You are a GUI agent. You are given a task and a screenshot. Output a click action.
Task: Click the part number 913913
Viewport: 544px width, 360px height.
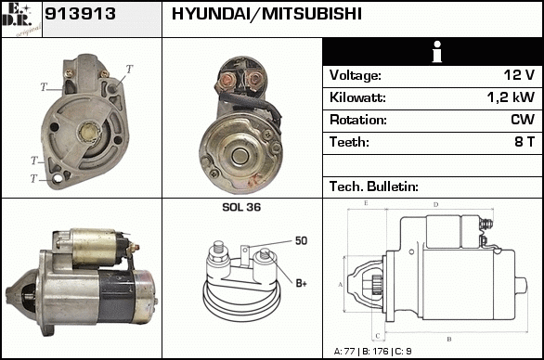coord(80,14)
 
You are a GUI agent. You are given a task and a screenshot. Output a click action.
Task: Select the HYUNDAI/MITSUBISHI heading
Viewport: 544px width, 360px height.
coord(266,14)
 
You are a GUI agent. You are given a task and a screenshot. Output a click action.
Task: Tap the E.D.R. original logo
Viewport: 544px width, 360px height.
coord(21,19)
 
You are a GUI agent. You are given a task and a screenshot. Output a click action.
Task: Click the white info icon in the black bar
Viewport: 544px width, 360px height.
coord(437,52)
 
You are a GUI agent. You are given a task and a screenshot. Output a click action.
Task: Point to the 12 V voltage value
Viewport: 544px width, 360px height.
coord(519,75)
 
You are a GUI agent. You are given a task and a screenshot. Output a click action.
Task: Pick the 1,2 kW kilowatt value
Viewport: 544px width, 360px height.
coord(511,97)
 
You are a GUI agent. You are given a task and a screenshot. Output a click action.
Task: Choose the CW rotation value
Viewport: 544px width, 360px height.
coord(523,120)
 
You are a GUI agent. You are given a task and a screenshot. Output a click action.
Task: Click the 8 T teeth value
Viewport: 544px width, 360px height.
coord(525,142)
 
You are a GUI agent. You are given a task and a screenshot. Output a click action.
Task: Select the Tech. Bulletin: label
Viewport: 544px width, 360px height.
coord(374,186)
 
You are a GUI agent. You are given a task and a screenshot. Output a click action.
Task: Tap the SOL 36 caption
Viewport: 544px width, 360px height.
coord(241,207)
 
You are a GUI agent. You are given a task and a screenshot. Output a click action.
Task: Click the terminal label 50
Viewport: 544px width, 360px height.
coord(301,240)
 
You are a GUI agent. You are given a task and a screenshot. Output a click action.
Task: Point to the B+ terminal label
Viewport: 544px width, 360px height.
coord(301,283)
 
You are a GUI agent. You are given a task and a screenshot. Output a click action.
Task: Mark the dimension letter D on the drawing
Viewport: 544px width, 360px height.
coord(435,205)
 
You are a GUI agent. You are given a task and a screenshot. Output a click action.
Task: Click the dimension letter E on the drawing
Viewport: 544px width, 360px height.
coord(366,203)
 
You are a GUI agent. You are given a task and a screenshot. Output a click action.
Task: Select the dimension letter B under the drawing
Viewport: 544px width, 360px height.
coord(449,339)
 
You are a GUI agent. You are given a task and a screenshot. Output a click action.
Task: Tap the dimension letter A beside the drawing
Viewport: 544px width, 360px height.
coord(340,285)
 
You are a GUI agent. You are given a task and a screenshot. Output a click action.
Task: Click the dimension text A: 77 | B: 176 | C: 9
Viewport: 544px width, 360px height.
coord(372,352)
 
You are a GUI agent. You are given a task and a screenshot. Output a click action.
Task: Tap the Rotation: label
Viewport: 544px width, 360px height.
coord(358,120)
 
